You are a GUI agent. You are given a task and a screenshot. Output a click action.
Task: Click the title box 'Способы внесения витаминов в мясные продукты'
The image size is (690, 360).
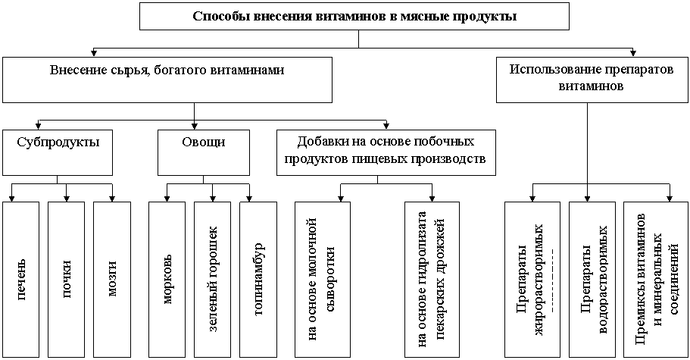[x=354, y=17]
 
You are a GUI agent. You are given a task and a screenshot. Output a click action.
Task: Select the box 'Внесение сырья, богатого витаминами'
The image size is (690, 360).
[x=167, y=80]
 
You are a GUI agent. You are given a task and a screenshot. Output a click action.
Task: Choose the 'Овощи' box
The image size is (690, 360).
[x=203, y=152]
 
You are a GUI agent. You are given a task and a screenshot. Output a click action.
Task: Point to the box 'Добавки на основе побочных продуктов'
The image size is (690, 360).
[x=386, y=152]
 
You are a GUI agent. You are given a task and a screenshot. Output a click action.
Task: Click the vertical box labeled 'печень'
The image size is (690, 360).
[x=21, y=279]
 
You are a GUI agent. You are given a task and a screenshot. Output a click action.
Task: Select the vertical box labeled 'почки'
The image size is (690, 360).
[x=66, y=279]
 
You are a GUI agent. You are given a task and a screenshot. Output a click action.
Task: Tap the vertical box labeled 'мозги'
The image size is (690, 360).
[x=111, y=279]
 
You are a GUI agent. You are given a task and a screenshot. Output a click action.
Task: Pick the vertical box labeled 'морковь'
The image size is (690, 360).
[x=167, y=279]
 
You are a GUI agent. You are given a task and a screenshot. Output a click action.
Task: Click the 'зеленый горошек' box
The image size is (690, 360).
[x=213, y=279]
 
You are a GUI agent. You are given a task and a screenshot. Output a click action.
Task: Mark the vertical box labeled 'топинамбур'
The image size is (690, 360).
[x=258, y=279]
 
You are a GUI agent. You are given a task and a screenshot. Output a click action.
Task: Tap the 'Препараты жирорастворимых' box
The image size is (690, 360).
[x=532, y=279]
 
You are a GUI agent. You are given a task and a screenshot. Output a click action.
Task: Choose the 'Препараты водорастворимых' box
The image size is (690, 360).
[x=592, y=279]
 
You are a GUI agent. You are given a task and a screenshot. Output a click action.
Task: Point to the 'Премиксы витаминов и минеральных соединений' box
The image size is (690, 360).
[x=651, y=279]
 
